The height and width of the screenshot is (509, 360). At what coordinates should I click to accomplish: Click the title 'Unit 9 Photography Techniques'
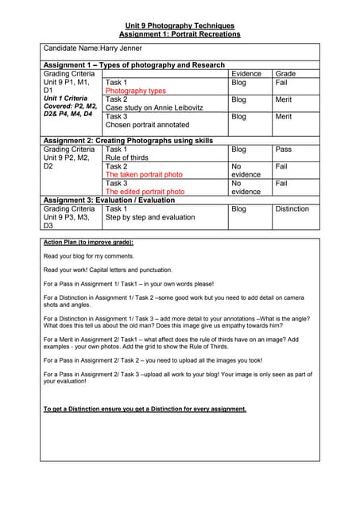(180, 25)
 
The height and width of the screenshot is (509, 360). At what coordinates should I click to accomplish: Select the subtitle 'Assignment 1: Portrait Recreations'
(180, 34)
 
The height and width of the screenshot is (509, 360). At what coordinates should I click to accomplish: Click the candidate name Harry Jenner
(92, 49)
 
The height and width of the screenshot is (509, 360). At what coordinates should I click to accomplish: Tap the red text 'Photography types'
(136, 91)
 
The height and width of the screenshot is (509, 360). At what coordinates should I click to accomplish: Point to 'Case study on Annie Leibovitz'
(154, 107)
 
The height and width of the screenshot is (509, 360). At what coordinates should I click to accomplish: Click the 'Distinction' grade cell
(292, 208)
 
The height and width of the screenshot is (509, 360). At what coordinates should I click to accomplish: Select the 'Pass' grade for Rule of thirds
(284, 150)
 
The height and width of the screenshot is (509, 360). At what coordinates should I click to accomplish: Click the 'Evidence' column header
(246, 74)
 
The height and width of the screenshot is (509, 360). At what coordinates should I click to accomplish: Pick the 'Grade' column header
(285, 74)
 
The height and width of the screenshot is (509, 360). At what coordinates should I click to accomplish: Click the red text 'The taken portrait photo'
(144, 174)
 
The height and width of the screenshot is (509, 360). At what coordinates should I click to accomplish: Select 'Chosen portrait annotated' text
(147, 125)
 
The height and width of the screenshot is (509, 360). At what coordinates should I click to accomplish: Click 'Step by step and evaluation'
(150, 217)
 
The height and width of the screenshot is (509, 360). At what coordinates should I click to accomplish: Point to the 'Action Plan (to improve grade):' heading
(88, 242)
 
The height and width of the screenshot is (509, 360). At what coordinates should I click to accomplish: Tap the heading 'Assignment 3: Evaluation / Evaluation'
(109, 200)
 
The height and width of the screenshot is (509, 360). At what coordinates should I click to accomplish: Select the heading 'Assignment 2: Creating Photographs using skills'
(128, 141)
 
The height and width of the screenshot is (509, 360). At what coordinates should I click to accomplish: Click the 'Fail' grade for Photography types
(281, 83)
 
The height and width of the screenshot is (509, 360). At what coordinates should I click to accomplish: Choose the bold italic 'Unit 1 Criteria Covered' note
(71, 106)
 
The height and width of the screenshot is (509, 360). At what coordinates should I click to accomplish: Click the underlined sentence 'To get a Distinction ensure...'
(145, 410)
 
